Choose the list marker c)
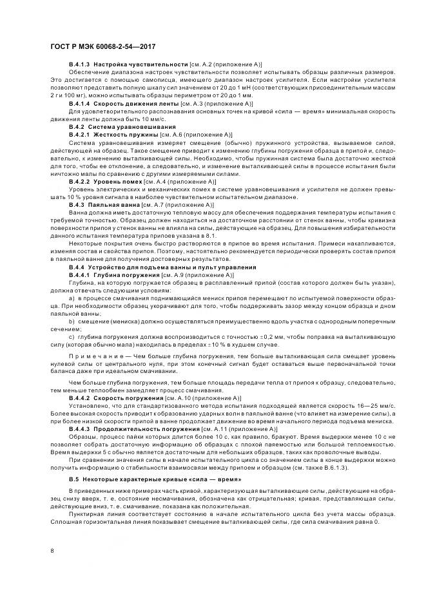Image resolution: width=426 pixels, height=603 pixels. click(72, 336)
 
